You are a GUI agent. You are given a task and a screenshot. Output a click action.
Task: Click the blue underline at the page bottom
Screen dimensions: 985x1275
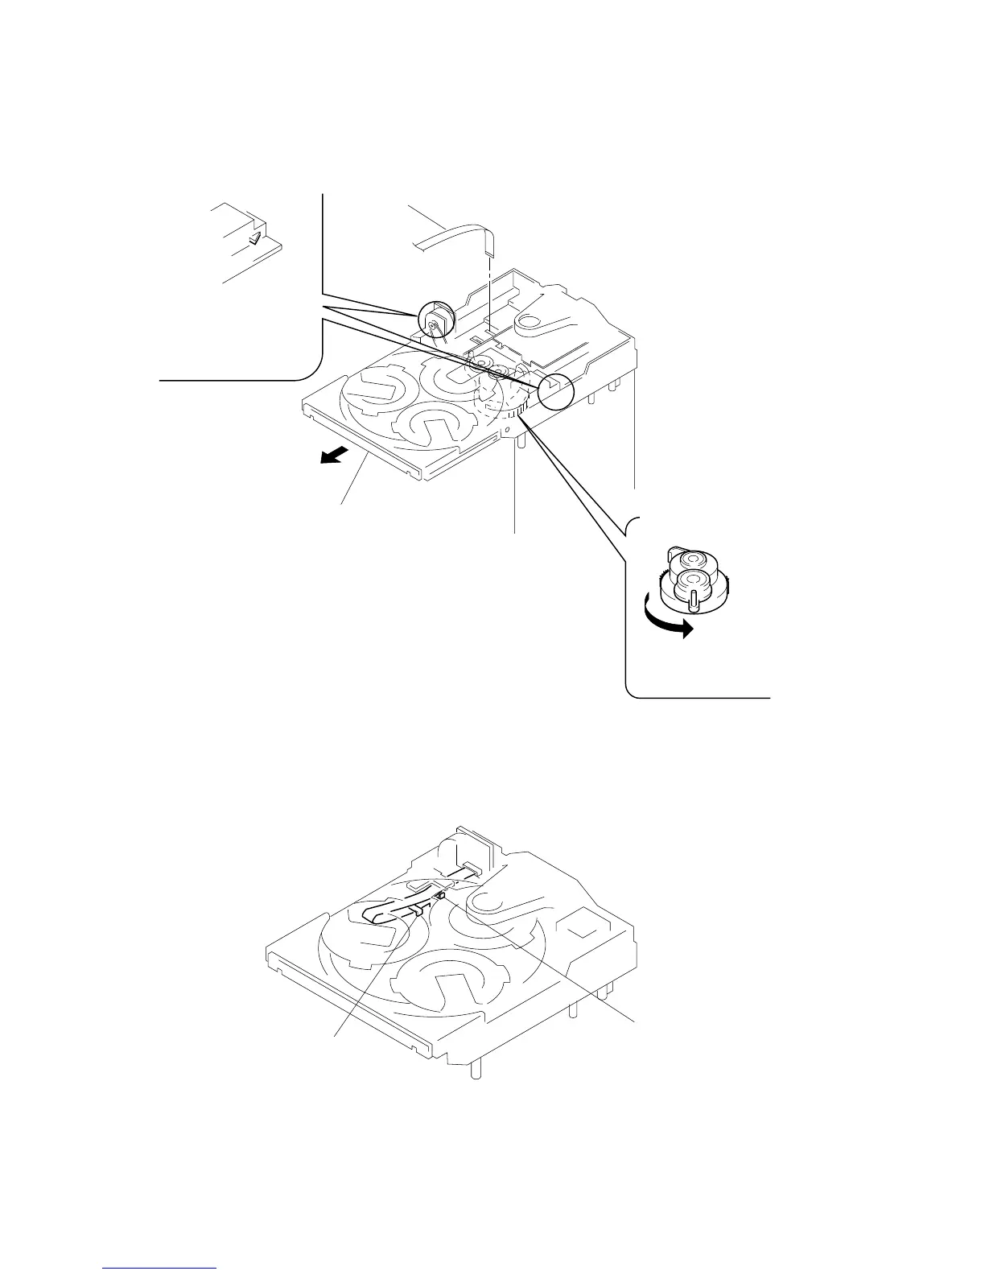[x=160, y=1270]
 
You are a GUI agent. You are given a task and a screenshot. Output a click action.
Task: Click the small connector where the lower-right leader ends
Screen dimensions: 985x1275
[x=441, y=894]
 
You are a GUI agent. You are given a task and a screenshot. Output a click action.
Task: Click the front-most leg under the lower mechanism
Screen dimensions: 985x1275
[x=477, y=1071]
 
